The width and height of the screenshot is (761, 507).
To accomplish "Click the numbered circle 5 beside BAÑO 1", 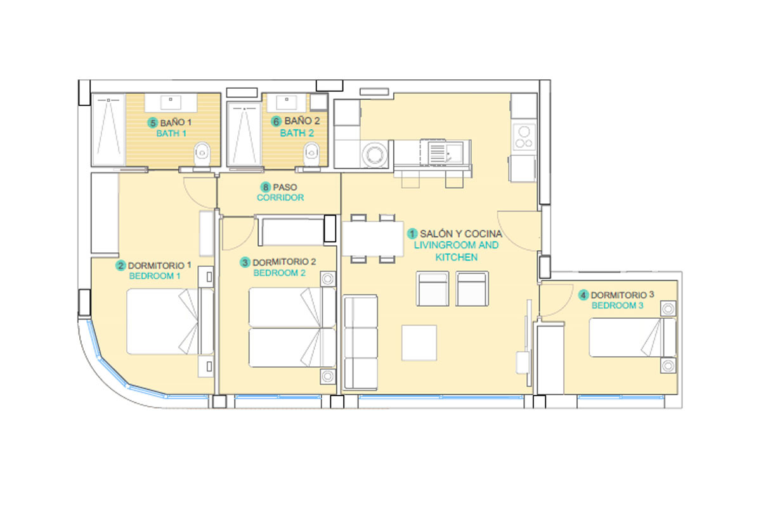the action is point(153,122).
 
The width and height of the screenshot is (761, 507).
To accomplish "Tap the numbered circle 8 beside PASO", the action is point(265,187).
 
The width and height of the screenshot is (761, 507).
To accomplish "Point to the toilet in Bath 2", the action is point(311,154).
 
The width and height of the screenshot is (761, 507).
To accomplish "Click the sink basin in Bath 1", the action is point(171,103).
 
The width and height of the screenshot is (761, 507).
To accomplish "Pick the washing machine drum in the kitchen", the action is point(375,155).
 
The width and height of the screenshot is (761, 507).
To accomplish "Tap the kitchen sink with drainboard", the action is point(445,153).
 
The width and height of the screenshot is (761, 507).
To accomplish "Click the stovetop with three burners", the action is point(524,137).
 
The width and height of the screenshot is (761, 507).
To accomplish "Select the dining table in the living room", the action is point(373,238).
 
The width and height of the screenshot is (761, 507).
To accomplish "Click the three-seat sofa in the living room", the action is point(360,342).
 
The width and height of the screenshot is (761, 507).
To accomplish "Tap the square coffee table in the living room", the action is point(419,343).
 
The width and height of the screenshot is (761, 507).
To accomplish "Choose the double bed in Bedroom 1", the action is point(170,321).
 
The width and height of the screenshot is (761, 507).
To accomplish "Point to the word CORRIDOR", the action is point(280,198).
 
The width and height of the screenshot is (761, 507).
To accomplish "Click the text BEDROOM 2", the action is point(279,273).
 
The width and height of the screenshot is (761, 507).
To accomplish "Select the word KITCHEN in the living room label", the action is point(456,257).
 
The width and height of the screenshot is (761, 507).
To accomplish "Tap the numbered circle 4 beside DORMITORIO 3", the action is point(583,295).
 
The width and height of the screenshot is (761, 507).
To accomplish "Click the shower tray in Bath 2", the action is point(244,134).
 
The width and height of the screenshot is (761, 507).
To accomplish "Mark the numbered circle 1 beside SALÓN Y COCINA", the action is point(412,234).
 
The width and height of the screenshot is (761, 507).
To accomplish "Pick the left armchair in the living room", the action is point(433,288).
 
